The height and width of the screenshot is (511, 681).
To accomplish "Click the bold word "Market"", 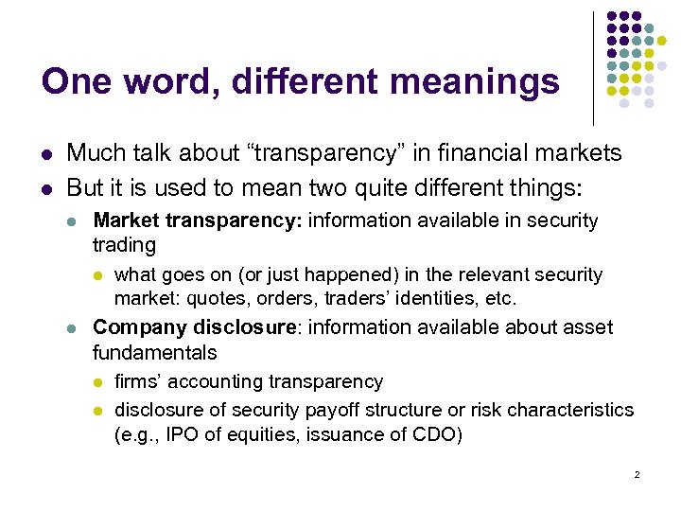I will coord(127,220).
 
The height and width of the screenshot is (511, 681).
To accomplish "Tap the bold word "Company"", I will coord(139,327).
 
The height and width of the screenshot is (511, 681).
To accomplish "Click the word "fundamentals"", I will coord(154,353).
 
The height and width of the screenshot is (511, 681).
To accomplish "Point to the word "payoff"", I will coord(336,410).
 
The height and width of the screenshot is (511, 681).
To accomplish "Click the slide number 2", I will coord(637,474).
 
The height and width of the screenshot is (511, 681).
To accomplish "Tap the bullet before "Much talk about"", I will coord(46,153).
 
